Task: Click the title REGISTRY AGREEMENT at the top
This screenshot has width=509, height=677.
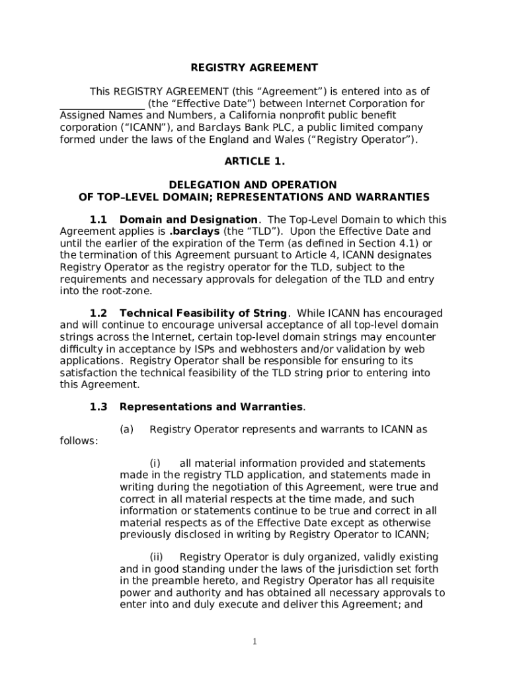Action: (255, 67)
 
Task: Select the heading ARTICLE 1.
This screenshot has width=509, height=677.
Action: (255, 161)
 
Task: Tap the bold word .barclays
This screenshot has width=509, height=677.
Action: (195, 231)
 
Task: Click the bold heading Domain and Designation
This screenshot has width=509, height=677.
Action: (188, 219)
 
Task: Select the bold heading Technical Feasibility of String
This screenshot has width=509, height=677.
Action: (204, 313)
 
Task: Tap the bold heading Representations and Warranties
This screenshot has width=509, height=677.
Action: (211, 407)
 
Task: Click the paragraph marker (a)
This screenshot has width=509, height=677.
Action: (127, 430)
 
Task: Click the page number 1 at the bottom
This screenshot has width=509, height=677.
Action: (255, 642)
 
